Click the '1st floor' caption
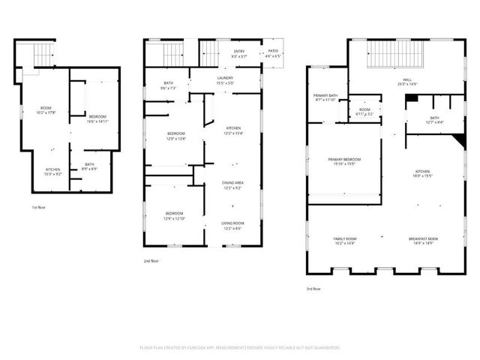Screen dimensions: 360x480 (x=39, y=207)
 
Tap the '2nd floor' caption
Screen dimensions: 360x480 (x=151, y=261)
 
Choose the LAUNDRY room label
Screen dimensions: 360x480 (x=224, y=79)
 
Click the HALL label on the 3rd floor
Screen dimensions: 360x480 (x=408, y=81)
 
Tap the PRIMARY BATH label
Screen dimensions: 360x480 (x=325, y=98)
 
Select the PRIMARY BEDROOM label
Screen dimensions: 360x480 (x=344, y=161)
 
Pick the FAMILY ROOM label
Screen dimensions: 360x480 (x=344, y=241)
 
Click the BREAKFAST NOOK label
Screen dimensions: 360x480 (x=421, y=241)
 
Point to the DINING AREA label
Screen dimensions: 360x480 (x=232, y=184)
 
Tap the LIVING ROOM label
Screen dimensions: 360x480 (x=232, y=226)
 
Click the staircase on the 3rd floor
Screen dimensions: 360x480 (x=394, y=57)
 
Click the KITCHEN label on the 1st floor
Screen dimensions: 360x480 (x=52, y=172)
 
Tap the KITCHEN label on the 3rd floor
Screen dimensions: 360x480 (x=423, y=174)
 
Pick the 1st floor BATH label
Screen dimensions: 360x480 (x=90, y=166)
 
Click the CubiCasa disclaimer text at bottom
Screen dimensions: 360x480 (x=240, y=347)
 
